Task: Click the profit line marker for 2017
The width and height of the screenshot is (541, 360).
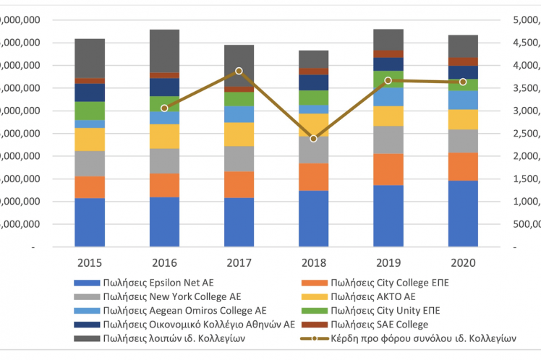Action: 239,71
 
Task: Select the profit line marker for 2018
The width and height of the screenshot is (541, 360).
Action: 313,138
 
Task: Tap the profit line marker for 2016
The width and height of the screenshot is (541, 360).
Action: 164,108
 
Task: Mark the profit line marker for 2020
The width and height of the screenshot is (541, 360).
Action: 463,82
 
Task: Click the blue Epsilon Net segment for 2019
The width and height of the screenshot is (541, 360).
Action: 388,215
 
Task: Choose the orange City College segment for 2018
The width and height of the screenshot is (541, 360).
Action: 313,176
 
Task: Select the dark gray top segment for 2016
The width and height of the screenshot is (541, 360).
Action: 164,51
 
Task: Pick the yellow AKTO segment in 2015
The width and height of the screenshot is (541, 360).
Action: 90,140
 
